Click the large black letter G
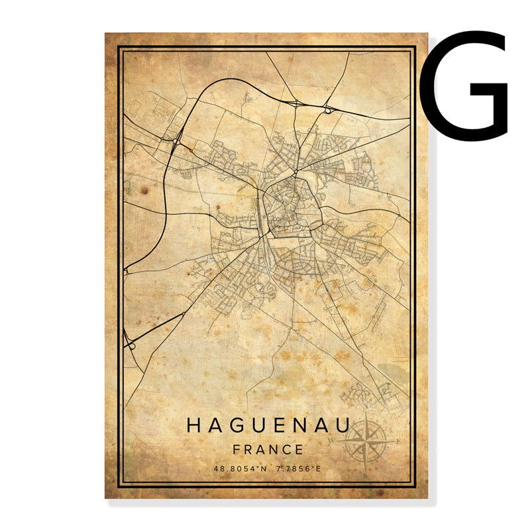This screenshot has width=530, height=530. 465,86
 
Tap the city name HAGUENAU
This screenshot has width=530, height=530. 269,425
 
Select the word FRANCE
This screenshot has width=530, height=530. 268,449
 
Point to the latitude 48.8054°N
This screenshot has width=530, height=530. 240,469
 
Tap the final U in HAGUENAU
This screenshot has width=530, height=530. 344,425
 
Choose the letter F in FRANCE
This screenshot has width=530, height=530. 237,449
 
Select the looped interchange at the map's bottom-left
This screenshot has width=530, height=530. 131,343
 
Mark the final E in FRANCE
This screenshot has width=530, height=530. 299,449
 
